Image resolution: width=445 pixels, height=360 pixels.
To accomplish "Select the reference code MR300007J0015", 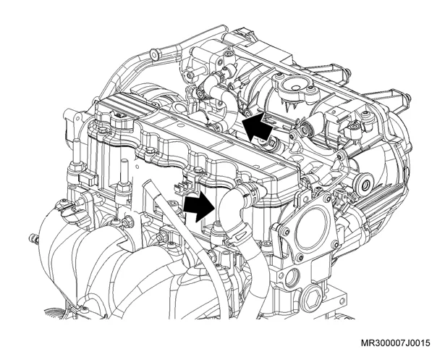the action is (395, 343).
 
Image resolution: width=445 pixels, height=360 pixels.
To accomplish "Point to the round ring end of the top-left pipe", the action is (154, 55).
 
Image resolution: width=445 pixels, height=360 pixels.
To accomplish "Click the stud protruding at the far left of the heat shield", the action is (34, 239).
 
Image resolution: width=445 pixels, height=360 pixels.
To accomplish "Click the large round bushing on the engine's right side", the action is (364, 185).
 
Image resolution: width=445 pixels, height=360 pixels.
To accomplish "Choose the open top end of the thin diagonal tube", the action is (149, 184).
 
